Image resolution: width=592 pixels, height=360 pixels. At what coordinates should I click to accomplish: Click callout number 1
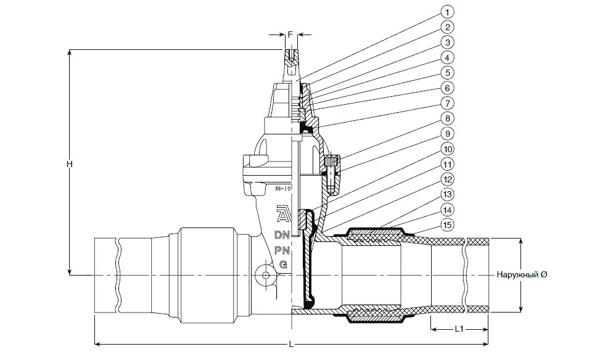tap(448, 12)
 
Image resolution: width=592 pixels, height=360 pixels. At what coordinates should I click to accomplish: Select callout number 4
tap(448, 57)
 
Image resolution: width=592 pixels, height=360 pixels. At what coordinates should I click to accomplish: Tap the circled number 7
tap(448, 103)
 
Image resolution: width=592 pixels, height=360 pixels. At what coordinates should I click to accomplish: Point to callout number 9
tap(448, 133)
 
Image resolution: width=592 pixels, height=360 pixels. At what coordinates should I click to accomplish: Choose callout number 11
tap(448, 164)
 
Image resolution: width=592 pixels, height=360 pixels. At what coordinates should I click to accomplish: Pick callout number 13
tap(448, 194)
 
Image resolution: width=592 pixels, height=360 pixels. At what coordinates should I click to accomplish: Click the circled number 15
tap(448, 224)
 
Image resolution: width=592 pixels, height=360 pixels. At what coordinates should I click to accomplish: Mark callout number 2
tap(448, 27)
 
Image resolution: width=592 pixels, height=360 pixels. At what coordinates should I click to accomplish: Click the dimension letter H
tap(70, 164)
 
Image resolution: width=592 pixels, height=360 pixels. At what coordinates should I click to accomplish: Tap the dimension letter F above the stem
tap(289, 35)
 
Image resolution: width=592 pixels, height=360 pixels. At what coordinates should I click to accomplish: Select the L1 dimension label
tap(459, 329)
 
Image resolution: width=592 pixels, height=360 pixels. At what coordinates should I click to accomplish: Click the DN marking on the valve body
tap(282, 235)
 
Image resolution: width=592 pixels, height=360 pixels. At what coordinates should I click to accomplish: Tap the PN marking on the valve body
tap(282, 250)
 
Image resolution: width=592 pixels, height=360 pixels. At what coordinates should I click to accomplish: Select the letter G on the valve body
tap(282, 264)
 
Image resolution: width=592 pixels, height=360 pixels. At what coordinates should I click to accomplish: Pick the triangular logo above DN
tap(282, 214)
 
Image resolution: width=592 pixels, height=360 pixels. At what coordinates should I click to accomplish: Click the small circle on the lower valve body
tap(265, 275)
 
